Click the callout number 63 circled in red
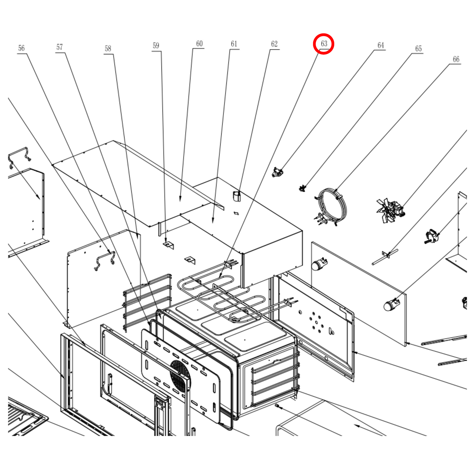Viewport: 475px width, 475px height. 324,43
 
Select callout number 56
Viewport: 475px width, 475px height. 21,48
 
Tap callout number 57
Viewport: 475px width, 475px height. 59,47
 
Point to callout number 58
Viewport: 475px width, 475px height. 108,49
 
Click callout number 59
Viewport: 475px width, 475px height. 156,46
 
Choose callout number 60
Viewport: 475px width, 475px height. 199,44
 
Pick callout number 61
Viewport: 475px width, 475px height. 234,44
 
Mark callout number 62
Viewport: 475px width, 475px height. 274,44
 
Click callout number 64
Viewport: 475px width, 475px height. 381,45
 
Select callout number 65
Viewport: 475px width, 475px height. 418,49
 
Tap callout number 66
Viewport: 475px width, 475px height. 456,59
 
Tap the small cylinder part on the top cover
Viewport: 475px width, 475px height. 237,196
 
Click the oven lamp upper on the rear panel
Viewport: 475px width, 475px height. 318,264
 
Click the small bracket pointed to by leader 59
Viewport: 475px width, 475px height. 169,245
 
